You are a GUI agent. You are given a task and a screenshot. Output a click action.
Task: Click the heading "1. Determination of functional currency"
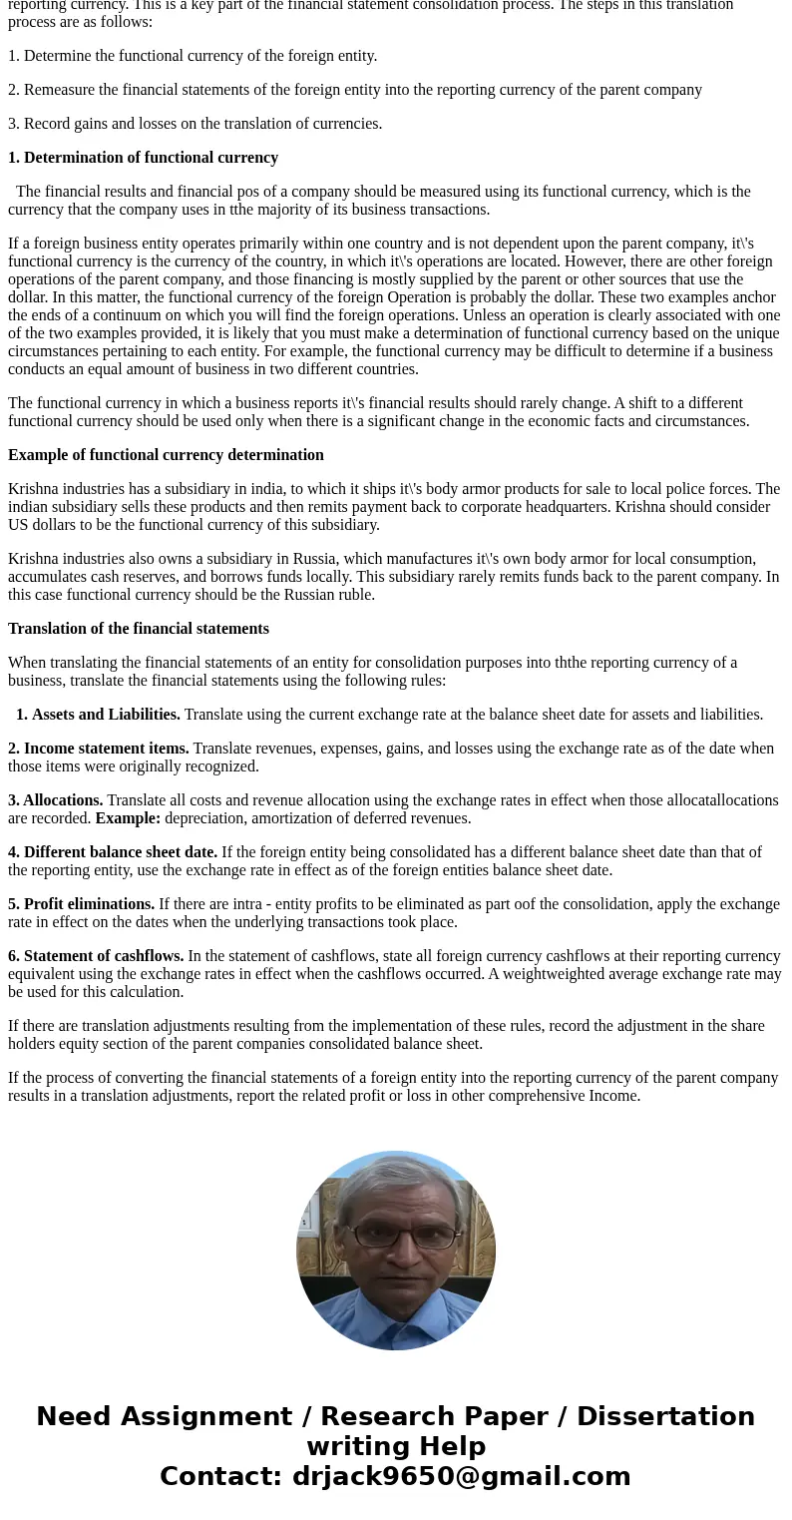[143, 158]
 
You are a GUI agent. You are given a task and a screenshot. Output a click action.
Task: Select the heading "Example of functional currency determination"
[166, 455]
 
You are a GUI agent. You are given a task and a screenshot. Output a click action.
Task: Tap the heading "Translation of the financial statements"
[139, 629]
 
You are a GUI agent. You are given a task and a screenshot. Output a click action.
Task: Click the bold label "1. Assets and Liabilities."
[98, 715]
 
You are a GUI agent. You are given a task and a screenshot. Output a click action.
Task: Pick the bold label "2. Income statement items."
[99, 749]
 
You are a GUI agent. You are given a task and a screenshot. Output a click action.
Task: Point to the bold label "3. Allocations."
[56, 800]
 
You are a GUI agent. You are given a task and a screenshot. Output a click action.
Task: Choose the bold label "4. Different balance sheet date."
[113, 852]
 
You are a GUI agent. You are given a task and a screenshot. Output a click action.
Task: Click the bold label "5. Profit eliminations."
[82, 904]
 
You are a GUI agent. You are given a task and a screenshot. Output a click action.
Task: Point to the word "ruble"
[354, 595]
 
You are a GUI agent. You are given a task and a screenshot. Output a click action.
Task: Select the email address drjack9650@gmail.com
[461, 1476]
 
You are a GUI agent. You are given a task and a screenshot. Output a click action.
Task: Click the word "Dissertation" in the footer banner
[665, 1416]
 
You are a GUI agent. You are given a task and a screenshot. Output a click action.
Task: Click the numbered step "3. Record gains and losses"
[196, 124]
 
